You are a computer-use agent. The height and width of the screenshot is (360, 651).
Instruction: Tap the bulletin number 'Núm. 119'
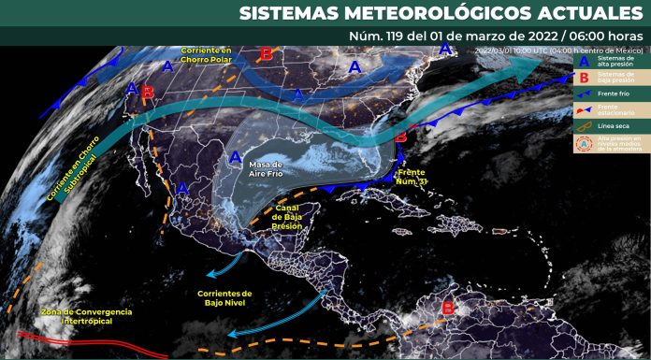[x=367, y=36]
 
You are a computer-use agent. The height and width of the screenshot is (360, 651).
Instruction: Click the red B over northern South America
[x=447, y=307]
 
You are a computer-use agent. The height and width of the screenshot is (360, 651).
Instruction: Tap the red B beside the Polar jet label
[x=266, y=54]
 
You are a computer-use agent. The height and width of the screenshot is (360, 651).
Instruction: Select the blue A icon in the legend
[x=585, y=62]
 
